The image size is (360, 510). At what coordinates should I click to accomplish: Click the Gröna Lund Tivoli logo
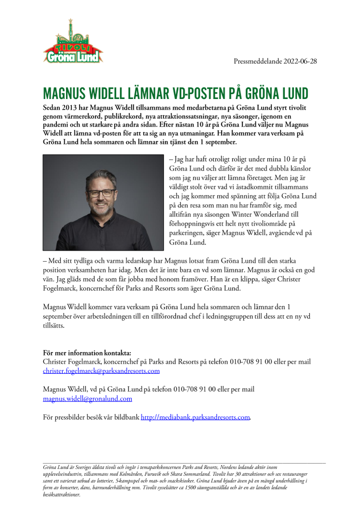[73, 43]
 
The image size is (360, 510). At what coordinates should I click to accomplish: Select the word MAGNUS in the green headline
[63, 94]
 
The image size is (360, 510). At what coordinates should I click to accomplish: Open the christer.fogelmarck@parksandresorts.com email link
[101, 371]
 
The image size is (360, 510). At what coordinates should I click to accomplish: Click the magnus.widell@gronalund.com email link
[87, 398]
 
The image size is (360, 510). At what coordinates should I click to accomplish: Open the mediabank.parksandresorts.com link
[195, 417]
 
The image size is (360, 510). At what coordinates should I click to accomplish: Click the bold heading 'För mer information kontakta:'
[87, 353]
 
